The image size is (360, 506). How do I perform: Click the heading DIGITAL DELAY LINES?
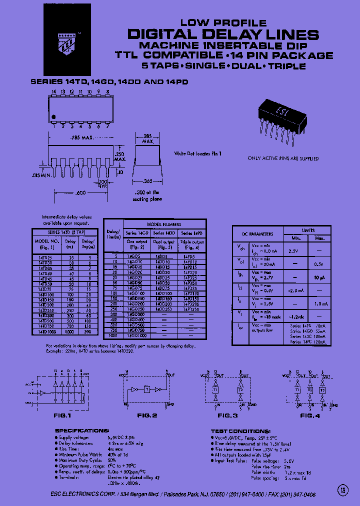coord(223,34)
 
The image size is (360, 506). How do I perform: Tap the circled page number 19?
coord(343,490)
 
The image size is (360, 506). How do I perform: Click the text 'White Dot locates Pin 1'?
coord(197,153)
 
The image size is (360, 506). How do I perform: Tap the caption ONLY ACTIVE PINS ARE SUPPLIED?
coord(283,158)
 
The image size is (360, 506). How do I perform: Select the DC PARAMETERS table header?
coord(258,234)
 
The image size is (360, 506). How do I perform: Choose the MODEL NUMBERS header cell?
coord(164,224)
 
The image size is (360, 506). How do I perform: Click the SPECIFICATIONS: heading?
coord(82,430)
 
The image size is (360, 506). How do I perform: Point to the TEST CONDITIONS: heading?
coord(241,430)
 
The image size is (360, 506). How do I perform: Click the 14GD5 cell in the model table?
coord(134,255)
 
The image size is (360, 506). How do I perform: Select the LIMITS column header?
coord(307,230)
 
